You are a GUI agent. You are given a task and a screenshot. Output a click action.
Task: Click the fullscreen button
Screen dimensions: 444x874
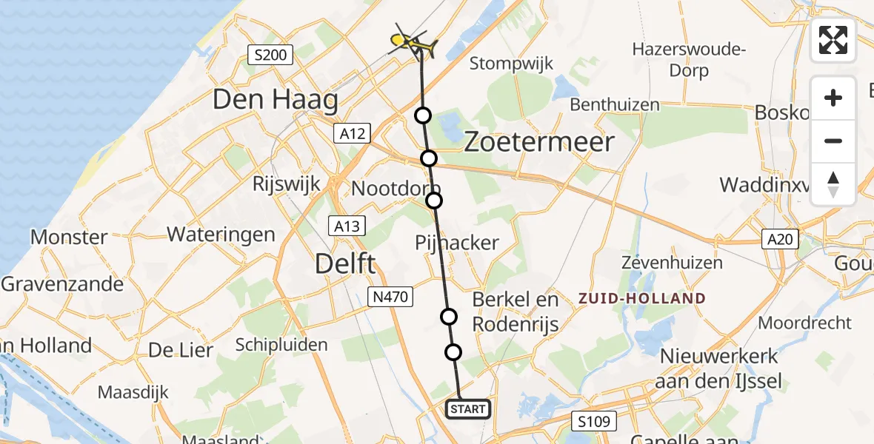tap(833, 40)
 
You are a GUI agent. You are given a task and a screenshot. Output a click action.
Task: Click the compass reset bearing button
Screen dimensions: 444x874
tap(833, 184)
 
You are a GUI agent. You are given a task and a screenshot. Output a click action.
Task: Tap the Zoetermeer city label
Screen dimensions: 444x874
tap(539, 142)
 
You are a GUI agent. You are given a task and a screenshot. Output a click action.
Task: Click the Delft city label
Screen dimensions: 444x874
tap(345, 263)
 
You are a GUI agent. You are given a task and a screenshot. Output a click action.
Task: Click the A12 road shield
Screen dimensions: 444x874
tap(352, 133)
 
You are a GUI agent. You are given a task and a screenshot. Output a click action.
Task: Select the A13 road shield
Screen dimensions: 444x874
tap(346, 226)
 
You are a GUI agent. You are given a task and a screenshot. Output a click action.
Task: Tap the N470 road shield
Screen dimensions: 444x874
tap(390, 297)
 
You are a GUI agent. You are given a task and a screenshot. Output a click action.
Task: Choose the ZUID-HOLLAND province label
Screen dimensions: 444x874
tap(642, 299)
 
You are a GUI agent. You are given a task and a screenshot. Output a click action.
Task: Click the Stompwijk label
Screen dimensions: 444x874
tap(512, 64)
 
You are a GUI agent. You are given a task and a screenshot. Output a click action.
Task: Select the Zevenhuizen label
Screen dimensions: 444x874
tap(661, 263)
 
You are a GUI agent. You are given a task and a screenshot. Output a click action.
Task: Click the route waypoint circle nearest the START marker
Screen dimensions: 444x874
tap(453, 352)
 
